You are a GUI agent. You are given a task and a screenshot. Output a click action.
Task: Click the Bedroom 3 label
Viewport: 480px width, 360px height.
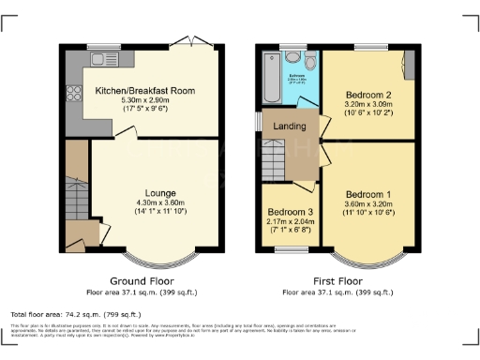point(285,212)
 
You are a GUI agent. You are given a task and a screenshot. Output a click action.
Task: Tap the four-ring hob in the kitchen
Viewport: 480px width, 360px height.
point(71,94)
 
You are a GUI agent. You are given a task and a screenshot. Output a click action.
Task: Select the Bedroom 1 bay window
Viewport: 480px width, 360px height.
point(365,258)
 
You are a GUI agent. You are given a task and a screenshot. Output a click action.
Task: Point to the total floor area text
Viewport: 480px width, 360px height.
point(76,314)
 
